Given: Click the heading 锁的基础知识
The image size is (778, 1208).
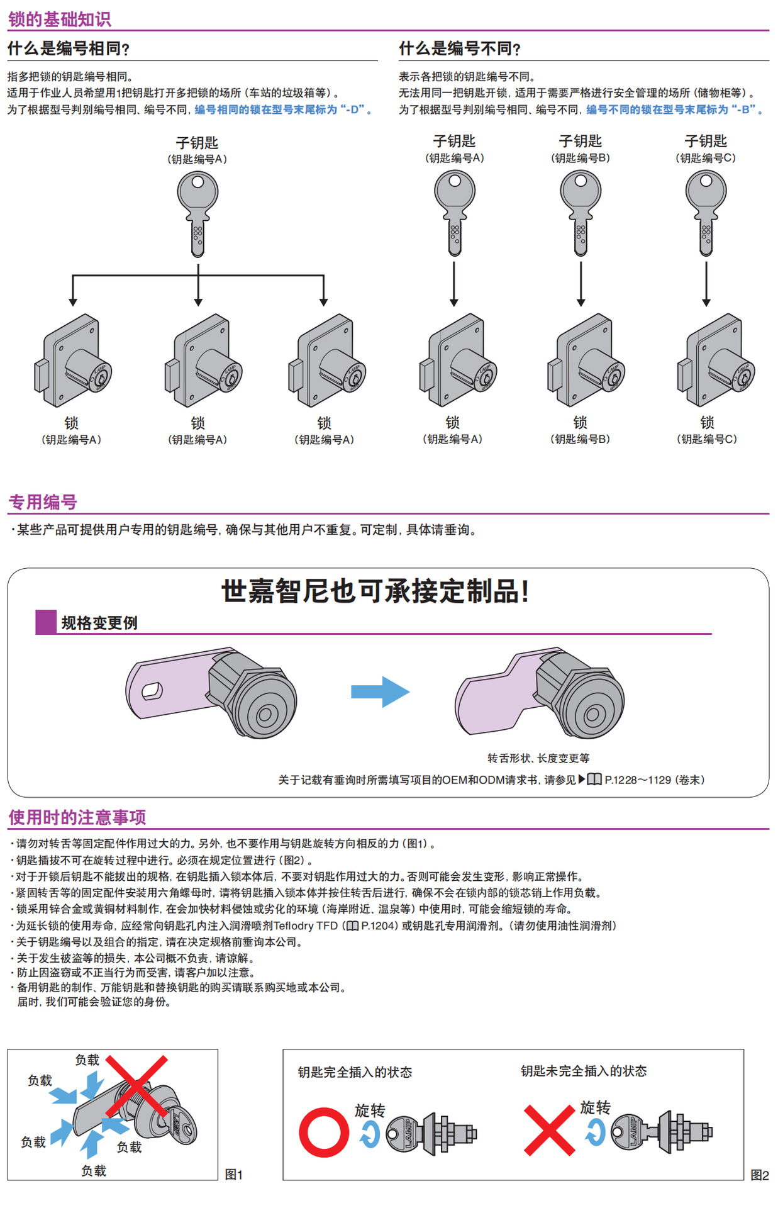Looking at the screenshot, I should [x=60, y=20].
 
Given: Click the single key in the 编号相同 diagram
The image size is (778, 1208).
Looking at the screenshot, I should [x=197, y=214].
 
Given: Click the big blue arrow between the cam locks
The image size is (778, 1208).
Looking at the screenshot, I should [x=380, y=692].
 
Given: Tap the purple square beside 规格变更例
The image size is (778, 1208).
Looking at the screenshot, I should [x=46, y=622].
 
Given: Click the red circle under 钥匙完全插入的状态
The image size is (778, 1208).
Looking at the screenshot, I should [x=324, y=1132].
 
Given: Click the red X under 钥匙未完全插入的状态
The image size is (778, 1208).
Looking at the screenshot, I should [x=549, y=1130].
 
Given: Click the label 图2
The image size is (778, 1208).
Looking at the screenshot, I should [x=759, y=1175].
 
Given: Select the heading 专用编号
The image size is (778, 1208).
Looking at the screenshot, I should [x=43, y=502].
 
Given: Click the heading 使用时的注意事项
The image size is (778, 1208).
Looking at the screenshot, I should [x=77, y=817].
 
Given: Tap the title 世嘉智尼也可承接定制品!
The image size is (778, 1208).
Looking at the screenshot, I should [x=375, y=591].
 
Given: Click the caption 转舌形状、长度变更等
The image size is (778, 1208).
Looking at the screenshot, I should [x=538, y=758].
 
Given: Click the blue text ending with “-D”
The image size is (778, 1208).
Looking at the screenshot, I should [x=282, y=109].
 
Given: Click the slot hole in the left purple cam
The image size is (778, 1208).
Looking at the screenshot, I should [x=152, y=691].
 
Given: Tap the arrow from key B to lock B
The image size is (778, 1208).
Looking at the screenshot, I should [x=581, y=283].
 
